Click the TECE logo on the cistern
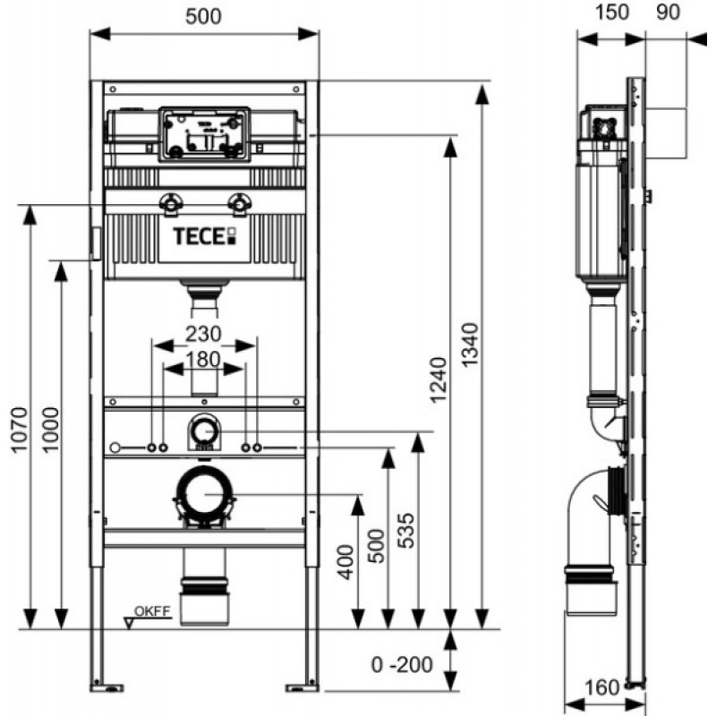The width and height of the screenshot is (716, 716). pos(204,236)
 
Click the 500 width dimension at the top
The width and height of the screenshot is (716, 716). pos(204,16)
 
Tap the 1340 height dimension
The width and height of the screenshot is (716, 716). pos(469,345)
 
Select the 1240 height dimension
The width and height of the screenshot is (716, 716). pos(439,379)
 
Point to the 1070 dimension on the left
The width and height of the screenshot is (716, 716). pos(19,430)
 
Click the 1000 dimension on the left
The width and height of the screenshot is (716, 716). pos(51,430)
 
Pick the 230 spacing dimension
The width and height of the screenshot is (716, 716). pos(203,334)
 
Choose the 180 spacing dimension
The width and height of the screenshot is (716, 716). pos(203,360)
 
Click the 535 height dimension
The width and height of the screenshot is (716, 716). pos(406,531)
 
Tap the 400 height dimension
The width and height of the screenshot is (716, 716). pos(345,562)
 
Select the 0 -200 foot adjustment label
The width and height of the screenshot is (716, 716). pos(402,665)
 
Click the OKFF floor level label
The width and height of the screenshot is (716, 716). pos(152,611)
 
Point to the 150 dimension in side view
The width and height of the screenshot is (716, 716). pos(612,13)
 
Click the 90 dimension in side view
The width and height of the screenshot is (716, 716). pos(668,13)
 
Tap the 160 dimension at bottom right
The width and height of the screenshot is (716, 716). pos(602,687)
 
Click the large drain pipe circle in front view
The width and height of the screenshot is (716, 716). pos(204,473)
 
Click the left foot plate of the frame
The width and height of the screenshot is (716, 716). pos(107,686)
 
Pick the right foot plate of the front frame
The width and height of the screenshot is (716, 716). pos(302,686)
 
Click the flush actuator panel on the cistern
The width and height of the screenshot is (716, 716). pos(204,133)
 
